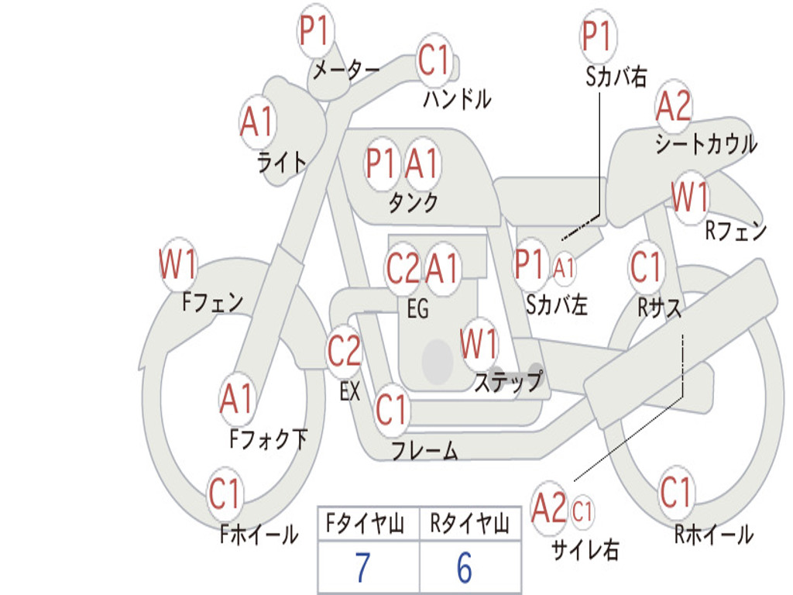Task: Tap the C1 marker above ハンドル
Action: click(434, 60)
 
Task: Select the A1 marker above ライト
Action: click(258, 122)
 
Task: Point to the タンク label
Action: click(413, 202)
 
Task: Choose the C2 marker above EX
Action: click(345, 350)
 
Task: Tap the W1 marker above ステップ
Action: click(478, 344)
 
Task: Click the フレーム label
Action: click(425, 450)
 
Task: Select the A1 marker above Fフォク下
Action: click(237, 399)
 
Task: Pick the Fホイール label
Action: click(259, 535)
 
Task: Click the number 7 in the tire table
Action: click(362, 567)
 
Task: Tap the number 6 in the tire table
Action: click(465, 567)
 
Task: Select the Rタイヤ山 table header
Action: click(470, 524)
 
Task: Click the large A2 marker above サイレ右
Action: click(549, 507)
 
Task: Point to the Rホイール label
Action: click(713, 535)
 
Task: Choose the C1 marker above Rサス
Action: click(646, 267)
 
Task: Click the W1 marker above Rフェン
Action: click(690, 197)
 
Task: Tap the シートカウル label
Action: click(706, 143)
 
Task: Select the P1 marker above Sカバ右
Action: click(599, 36)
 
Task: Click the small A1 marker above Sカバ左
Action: click(564, 267)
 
